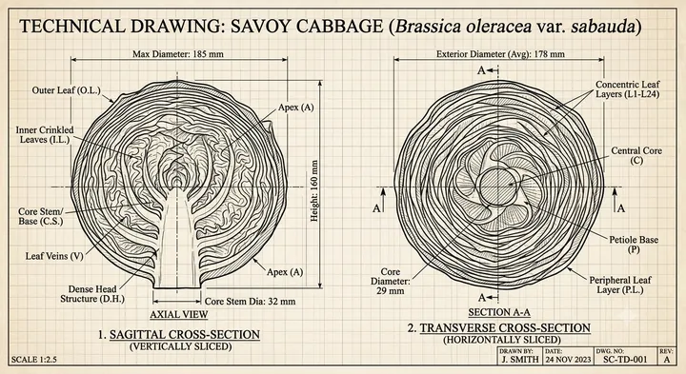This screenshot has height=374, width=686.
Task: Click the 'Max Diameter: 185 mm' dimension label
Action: tap(178, 54)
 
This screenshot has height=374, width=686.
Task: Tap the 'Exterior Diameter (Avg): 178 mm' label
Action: tap(500, 54)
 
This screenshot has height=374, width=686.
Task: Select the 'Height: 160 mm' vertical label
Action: tap(314, 191)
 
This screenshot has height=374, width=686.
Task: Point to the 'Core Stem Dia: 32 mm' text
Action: tap(250, 301)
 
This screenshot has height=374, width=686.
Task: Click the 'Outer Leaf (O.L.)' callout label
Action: tap(66, 90)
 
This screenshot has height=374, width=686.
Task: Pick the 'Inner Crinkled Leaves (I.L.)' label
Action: tap(45, 134)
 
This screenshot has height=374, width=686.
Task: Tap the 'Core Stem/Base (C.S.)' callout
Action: tap(41, 216)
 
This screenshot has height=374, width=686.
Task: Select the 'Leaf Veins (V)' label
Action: tap(54, 256)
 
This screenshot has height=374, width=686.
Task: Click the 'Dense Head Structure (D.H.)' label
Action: tap(92, 294)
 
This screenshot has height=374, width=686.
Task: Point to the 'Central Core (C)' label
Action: tap(636, 155)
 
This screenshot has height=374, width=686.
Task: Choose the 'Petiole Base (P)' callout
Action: tap(634, 245)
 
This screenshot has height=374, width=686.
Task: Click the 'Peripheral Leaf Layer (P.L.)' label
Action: tap(620, 285)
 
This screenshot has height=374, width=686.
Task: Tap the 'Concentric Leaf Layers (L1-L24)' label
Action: tap(627, 89)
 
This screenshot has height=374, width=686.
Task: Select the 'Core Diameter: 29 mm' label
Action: tap(391, 281)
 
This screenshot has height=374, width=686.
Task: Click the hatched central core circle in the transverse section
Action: tap(498, 187)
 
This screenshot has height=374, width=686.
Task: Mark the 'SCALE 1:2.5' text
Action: tap(33, 360)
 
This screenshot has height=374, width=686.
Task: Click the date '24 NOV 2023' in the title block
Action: tap(568, 359)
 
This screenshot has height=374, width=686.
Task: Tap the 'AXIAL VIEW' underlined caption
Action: tap(178, 314)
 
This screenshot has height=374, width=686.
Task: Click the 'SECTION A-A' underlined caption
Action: tap(499, 312)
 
